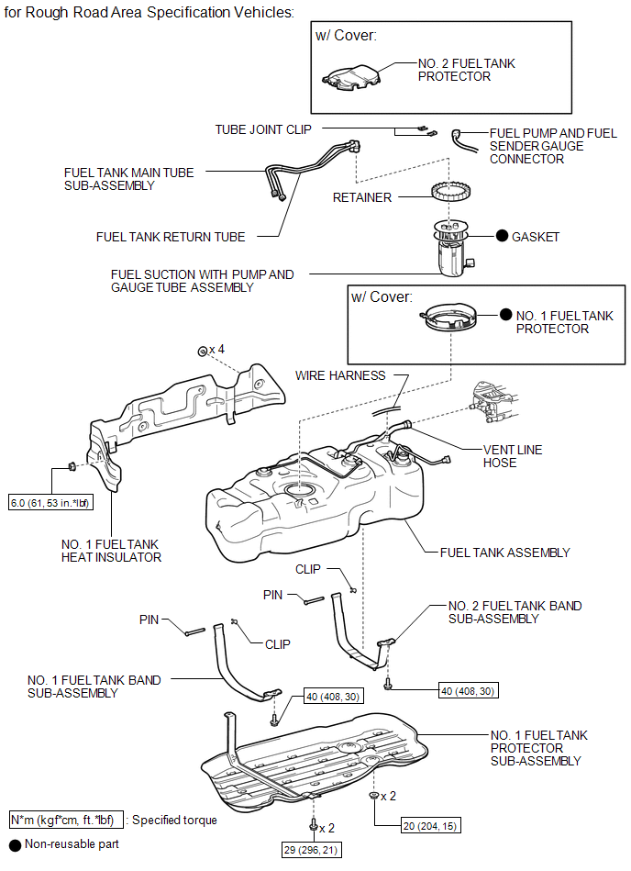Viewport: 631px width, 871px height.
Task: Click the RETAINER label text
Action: click(x=362, y=197)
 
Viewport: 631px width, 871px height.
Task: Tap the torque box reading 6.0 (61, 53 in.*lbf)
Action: click(x=48, y=503)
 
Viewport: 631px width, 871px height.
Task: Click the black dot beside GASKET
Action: click(x=502, y=236)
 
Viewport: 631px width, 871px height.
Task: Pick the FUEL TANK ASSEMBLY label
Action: click(x=504, y=553)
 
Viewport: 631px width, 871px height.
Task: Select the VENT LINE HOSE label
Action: click(x=513, y=456)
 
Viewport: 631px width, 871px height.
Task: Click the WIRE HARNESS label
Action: click(x=340, y=375)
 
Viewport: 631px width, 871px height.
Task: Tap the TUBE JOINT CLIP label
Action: click(x=263, y=129)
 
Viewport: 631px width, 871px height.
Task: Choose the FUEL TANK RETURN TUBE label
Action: click(x=171, y=237)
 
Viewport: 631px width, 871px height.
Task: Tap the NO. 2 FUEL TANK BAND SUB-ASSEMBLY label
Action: click(x=515, y=612)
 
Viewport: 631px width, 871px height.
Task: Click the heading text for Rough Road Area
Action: click(x=149, y=13)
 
